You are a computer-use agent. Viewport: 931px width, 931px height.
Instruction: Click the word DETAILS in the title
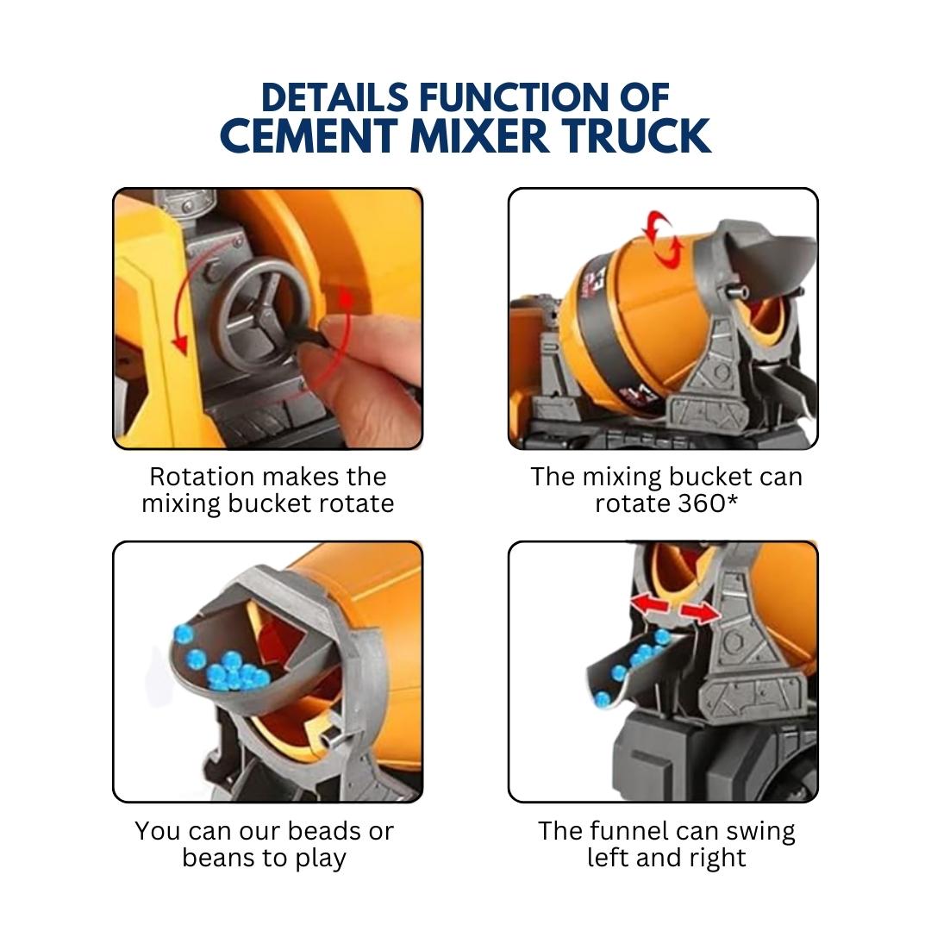(334, 97)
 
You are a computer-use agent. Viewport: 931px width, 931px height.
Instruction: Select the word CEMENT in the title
(309, 136)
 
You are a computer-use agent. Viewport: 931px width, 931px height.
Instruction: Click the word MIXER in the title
(479, 136)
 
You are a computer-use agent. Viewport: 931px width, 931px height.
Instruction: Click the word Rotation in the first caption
(202, 476)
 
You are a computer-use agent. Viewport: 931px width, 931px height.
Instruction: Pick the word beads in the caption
(324, 831)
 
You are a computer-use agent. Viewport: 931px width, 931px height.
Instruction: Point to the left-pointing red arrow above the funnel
(650, 603)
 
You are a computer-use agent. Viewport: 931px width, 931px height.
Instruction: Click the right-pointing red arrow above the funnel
(699, 613)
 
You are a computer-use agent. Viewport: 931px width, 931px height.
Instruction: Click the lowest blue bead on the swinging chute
(602, 699)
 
